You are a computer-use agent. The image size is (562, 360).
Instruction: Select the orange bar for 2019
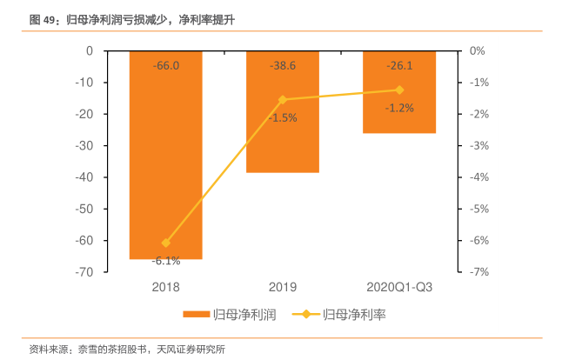tap(282, 130)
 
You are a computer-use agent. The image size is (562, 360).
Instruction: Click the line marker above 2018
tap(166, 243)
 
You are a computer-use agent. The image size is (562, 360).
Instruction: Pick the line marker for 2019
tap(282, 99)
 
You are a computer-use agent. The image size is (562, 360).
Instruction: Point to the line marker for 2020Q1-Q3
tap(399, 90)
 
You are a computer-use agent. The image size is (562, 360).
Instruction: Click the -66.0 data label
tap(165, 65)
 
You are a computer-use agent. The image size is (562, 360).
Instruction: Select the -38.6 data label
tap(282, 65)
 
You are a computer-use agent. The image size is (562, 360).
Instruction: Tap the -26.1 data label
tap(399, 65)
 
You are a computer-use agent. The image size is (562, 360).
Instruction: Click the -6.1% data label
tap(165, 260)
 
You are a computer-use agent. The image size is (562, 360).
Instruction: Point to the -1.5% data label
tap(283, 117)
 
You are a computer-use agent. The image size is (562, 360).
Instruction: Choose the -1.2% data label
tap(399, 108)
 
